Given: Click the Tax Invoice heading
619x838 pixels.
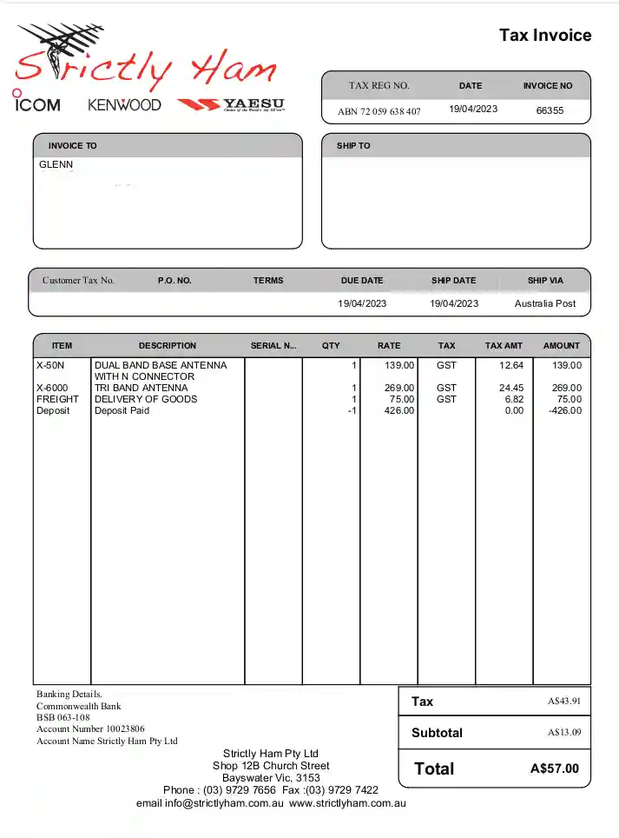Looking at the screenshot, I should pos(545,36).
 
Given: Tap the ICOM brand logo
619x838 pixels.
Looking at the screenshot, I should pos(36,103).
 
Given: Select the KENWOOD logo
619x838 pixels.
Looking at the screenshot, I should pos(124,104).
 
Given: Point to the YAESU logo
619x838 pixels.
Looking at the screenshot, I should pos(231,104).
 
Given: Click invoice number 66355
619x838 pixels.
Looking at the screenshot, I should pos(550,110).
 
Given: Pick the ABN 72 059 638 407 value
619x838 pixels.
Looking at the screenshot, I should pos(379,111).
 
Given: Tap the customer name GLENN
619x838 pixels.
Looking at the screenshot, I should pos(56,164).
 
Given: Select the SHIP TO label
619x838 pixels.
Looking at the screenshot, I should pos(353,146).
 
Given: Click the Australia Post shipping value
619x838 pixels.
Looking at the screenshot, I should pos(544,303).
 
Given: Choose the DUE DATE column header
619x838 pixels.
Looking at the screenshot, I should pos(362,281).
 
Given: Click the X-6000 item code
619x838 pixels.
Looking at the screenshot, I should pos(52,388).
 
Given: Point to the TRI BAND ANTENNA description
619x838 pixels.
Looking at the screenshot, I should pos(141,388).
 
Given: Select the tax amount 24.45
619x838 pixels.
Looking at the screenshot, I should pos(511,388).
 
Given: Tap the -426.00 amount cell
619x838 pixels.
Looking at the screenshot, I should pos(565,410).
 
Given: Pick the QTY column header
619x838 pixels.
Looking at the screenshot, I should pos(331,345).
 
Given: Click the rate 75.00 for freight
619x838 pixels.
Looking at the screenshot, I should pos(400,399).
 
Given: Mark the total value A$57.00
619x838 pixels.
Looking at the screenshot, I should pos(554,768).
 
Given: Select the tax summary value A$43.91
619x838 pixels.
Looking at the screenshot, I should pos(563,702).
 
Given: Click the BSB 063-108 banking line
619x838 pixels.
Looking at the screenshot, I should pos(63,718).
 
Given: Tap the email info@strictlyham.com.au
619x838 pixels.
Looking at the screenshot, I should pos(210,803).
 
